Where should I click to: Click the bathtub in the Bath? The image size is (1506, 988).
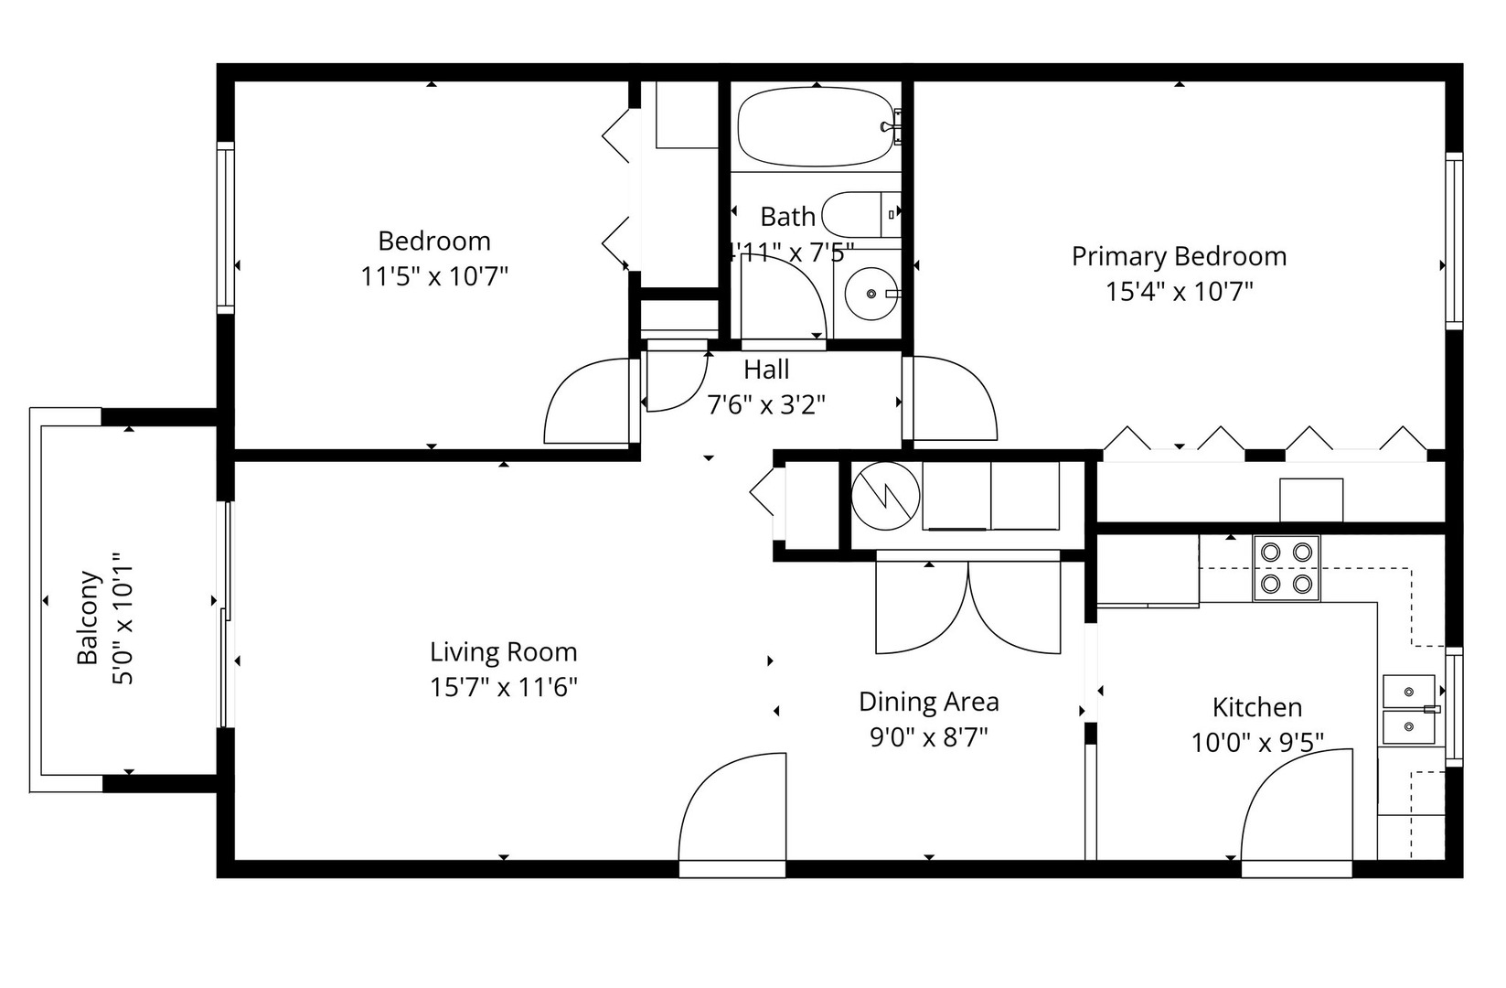[x=814, y=127]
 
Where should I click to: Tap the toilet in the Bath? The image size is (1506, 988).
[x=860, y=214]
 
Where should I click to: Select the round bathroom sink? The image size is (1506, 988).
[x=870, y=294]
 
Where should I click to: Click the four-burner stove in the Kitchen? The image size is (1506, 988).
[x=1286, y=568]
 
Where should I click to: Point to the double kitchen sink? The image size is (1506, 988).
[x=1409, y=710]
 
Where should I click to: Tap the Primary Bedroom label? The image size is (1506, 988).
[x=1179, y=256]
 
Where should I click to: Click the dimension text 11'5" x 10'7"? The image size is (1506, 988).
[x=433, y=276]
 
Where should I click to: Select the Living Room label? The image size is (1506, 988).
[x=503, y=652]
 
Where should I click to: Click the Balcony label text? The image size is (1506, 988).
[x=88, y=618]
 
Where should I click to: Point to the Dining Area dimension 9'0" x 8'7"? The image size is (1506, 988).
[x=928, y=737]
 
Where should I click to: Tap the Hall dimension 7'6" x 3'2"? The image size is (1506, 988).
[x=766, y=403]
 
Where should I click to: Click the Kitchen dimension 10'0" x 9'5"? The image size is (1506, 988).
[x=1257, y=743]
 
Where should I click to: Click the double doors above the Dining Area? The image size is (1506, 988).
[x=967, y=606]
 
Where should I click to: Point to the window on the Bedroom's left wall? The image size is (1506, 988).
[x=225, y=229]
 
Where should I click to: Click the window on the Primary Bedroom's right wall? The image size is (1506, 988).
[x=1453, y=242]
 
